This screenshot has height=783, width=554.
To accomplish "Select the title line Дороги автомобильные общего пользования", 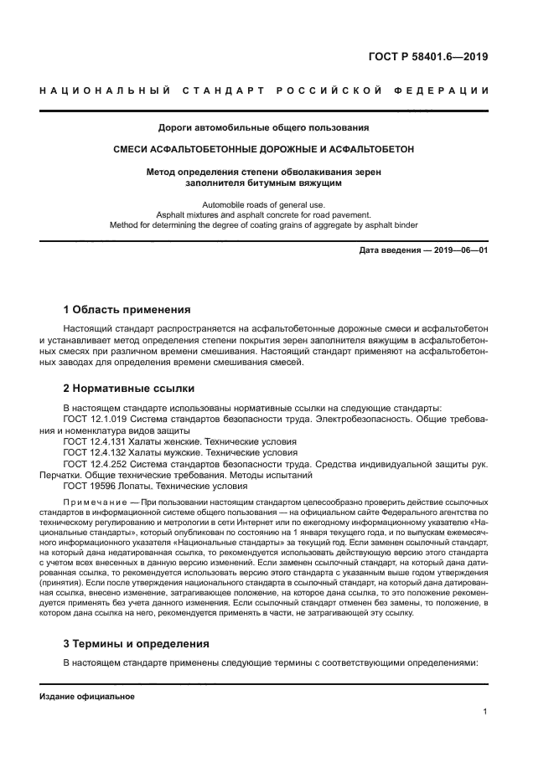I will tap(264, 128).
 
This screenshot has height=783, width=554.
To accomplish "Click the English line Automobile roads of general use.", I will tap(264, 204).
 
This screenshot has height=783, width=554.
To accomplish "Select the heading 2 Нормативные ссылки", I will tap(129, 388).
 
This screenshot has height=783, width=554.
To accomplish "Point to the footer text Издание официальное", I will tap(87, 697).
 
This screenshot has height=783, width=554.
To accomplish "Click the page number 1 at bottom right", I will tap(485, 712).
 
